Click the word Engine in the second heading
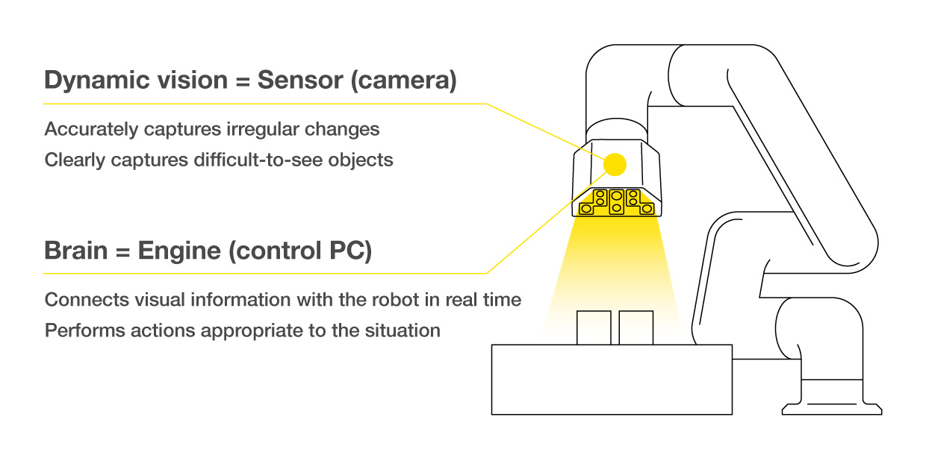coord(178,251)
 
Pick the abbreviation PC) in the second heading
coord(349,251)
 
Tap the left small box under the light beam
coord(594,328)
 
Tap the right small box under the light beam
coord(636,328)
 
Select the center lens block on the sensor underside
coord(615,201)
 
